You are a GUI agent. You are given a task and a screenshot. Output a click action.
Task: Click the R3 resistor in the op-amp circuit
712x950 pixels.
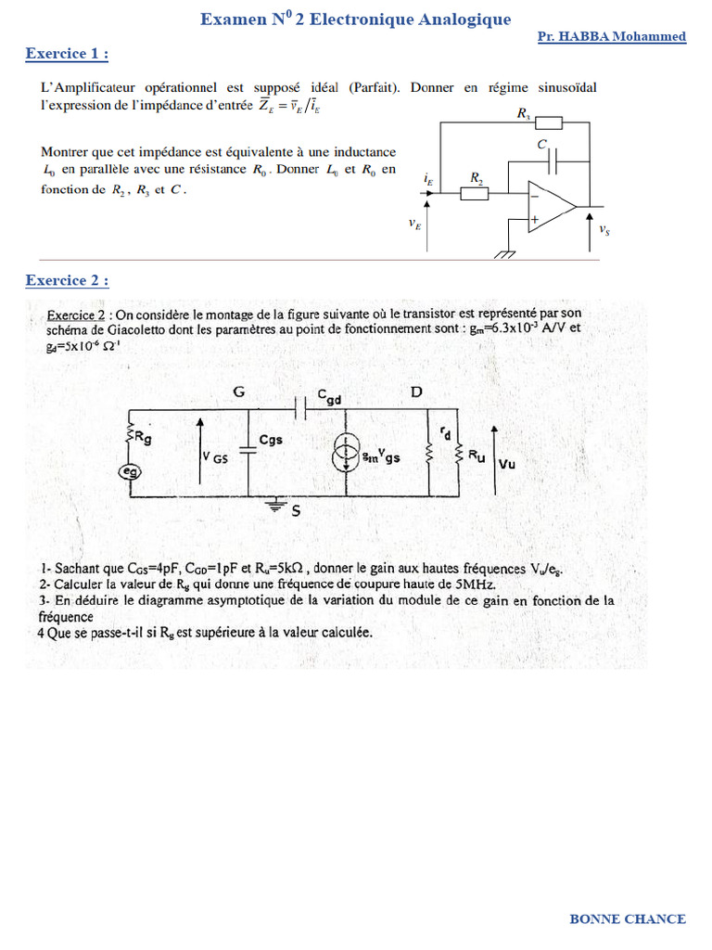click(548, 122)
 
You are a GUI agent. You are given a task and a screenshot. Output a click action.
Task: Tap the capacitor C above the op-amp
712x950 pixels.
click(554, 161)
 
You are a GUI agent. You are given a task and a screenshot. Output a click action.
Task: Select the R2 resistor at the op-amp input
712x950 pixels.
click(476, 192)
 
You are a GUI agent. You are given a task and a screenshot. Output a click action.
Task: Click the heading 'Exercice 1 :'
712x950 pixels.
click(67, 54)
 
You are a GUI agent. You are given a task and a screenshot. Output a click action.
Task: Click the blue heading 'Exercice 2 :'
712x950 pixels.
click(67, 280)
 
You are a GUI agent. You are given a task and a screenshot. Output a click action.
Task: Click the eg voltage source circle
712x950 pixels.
click(130, 472)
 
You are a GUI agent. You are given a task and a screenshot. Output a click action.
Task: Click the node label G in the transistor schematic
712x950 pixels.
click(239, 392)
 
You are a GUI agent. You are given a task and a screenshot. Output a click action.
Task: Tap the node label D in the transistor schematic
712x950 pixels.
click(416, 392)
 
